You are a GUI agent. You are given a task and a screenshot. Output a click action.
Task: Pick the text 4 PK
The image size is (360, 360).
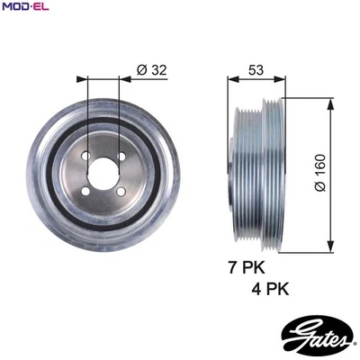pyautogui.click(x=273, y=289)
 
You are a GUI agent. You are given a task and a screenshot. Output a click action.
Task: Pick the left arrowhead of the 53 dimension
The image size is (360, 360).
pyautogui.click(x=228, y=78)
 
